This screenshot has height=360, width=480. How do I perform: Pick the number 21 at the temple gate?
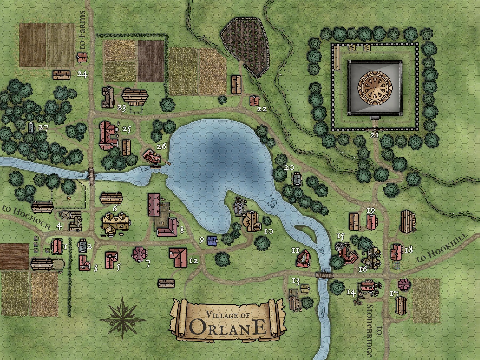(x=375, y=135)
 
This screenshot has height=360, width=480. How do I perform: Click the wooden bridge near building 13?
(x=325, y=275)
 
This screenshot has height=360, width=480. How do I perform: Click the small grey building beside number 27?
(x=31, y=127)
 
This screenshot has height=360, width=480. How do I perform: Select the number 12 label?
(x=193, y=261)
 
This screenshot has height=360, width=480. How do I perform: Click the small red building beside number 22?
(x=255, y=101)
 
